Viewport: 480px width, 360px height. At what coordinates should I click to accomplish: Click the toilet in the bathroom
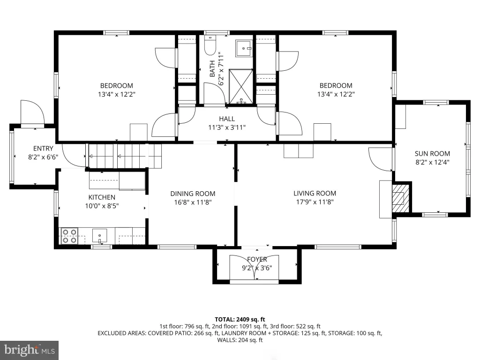click(210, 45)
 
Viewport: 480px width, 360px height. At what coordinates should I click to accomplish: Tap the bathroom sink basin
click(244, 48)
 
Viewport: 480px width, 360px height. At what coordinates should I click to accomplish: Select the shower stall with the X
click(241, 87)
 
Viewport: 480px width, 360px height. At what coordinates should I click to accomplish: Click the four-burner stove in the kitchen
click(69, 236)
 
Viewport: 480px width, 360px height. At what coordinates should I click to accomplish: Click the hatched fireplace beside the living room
click(400, 198)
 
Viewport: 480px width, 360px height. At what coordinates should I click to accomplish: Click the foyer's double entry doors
click(254, 267)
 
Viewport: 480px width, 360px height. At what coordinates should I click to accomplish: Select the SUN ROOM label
click(432, 154)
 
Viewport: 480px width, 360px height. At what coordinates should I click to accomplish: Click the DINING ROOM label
click(193, 194)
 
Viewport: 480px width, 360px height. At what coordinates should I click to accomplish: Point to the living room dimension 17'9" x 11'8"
click(315, 202)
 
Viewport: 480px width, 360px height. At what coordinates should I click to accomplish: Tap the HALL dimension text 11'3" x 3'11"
click(227, 127)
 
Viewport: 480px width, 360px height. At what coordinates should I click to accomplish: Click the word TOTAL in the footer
click(225, 320)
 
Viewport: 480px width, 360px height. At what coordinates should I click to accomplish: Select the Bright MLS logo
click(30, 350)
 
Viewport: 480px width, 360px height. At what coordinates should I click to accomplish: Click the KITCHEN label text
click(102, 197)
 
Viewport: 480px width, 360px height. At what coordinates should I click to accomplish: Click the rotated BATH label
click(212, 68)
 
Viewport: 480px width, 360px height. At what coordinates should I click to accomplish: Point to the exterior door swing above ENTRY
click(32, 112)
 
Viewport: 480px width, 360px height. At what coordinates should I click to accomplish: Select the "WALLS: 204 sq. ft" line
click(240, 340)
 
